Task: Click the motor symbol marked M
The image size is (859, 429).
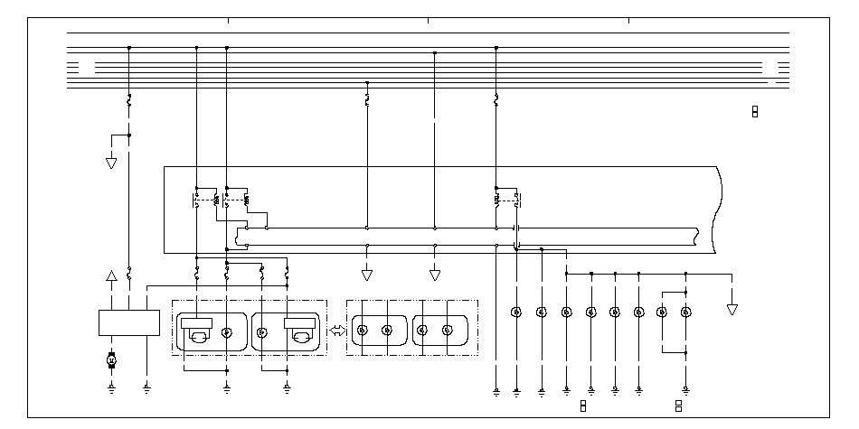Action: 111,360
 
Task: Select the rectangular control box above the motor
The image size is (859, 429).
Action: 128,322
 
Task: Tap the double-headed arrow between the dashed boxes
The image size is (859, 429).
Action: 337,331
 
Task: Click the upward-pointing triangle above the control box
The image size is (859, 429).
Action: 111,276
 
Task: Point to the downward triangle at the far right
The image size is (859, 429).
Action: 732,309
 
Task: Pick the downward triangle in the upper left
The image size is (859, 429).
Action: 111,163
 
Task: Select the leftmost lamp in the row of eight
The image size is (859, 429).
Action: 516,312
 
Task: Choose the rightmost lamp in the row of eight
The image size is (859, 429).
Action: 685,312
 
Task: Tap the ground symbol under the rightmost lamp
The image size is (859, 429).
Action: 685,391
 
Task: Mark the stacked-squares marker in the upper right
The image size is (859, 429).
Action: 755,111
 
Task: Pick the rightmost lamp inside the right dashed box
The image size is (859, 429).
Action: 447,331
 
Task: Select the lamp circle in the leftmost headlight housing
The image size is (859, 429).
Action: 227,332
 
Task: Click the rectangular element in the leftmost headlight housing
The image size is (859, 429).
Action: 196,323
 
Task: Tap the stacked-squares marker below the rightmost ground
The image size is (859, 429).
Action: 678,406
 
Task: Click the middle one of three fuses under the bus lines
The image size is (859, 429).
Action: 366,98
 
